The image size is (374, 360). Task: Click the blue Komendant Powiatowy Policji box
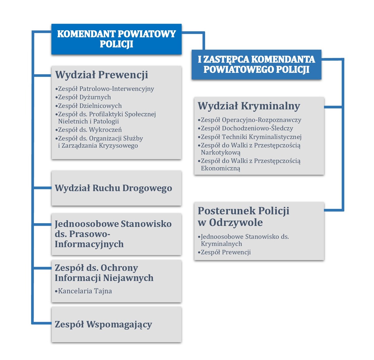(x=116, y=39)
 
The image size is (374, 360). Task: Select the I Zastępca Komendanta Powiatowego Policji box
(x=256, y=64)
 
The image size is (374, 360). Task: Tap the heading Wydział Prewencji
(x=102, y=75)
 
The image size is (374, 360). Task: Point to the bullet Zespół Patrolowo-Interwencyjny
(x=106, y=89)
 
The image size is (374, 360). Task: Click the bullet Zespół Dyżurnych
(x=84, y=97)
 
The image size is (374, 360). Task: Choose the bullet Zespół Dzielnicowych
(x=90, y=106)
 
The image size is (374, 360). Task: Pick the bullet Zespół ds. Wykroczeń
(x=90, y=130)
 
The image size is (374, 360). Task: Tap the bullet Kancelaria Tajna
(x=85, y=291)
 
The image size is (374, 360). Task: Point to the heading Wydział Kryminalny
(x=249, y=106)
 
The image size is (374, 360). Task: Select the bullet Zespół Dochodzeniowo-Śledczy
(x=247, y=128)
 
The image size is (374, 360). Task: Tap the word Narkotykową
(x=221, y=153)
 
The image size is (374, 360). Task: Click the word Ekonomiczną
(x=221, y=168)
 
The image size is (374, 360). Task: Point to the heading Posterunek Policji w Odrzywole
(x=243, y=216)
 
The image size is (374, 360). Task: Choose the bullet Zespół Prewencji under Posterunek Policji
(x=226, y=252)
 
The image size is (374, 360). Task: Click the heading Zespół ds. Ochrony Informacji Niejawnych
(x=104, y=273)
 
